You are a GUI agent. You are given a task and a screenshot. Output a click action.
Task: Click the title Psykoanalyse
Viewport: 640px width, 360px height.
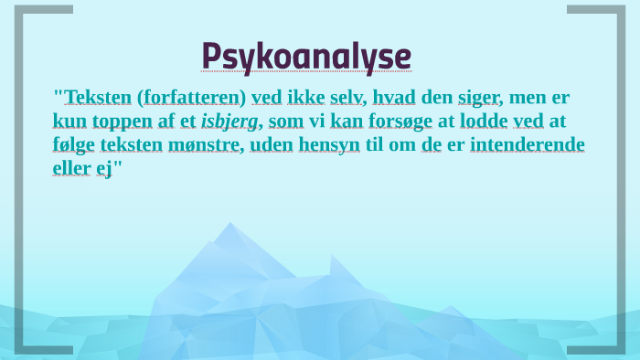click(x=306, y=56)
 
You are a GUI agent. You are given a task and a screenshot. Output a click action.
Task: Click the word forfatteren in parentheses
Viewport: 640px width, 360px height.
click(x=191, y=98)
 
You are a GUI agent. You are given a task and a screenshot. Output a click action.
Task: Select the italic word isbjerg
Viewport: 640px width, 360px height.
click(x=230, y=122)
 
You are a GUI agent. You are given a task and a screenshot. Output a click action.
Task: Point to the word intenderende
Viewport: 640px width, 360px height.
click(x=528, y=145)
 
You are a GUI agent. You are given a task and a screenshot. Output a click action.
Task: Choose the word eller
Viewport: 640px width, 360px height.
click(x=71, y=169)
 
